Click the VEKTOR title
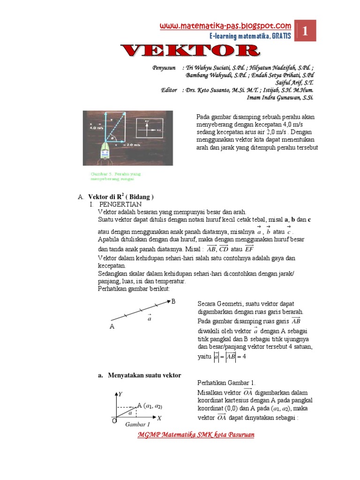pyautogui.click(x=189, y=51)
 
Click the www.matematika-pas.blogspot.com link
pyautogui.click(x=225, y=26)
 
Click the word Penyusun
pyautogui.click(x=164, y=67)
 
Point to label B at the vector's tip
pyautogui.click(x=173, y=301)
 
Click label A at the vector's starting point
pyautogui.click(x=112, y=327)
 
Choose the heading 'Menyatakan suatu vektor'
pyautogui.click(x=144, y=375)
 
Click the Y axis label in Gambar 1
pyautogui.click(x=120, y=394)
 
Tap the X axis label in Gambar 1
pyautogui.click(x=159, y=418)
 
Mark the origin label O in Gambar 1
pyautogui.click(x=113, y=421)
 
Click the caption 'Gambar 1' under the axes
pyautogui.click(x=137, y=425)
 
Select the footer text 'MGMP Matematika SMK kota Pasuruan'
pyautogui.click(x=196, y=435)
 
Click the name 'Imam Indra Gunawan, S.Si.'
pyautogui.click(x=279, y=97)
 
